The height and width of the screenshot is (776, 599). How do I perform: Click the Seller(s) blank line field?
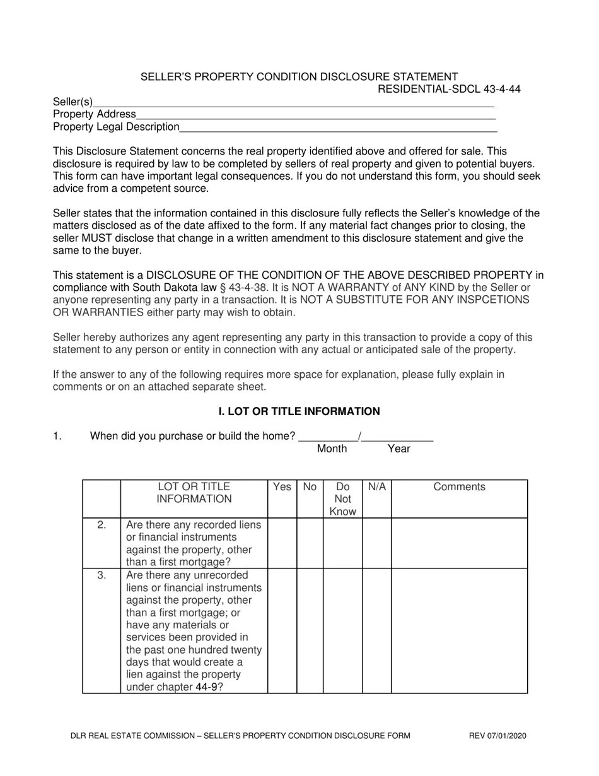(x=293, y=103)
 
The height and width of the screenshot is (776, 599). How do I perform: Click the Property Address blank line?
(x=315, y=115)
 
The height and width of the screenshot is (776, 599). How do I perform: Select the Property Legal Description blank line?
(x=338, y=127)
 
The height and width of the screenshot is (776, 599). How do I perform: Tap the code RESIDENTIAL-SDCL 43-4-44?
(x=449, y=89)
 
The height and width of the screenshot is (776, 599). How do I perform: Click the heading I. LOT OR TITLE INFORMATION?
(x=299, y=411)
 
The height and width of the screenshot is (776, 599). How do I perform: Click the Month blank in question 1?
(x=328, y=436)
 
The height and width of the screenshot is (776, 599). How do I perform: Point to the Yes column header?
(x=282, y=487)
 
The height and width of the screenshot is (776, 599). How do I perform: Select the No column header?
(x=310, y=487)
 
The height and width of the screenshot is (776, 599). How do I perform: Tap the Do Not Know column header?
(x=342, y=499)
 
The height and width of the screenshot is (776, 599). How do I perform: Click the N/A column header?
(x=376, y=487)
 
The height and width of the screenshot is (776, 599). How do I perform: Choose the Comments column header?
(x=459, y=487)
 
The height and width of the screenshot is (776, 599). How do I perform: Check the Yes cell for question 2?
(x=282, y=543)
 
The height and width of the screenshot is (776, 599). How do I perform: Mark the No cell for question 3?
(x=310, y=631)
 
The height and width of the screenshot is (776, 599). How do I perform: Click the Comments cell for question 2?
(x=459, y=543)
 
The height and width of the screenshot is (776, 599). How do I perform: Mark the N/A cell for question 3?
(x=376, y=631)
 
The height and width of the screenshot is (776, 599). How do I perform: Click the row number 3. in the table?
(x=102, y=575)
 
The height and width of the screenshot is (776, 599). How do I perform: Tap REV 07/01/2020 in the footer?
(x=497, y=736)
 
